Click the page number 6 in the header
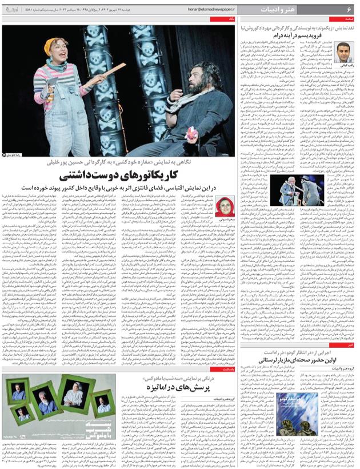point(348,10)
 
